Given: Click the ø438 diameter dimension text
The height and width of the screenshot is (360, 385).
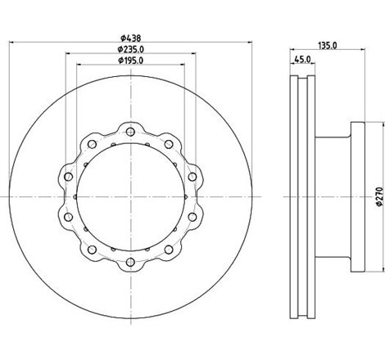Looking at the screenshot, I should (132, 38).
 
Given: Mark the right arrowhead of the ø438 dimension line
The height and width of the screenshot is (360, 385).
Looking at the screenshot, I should (248, 44).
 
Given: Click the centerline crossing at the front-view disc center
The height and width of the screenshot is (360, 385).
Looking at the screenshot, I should (132, 196).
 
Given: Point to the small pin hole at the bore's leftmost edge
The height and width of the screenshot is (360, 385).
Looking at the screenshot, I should (76, 196).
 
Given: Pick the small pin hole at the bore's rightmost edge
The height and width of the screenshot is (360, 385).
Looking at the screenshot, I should (188, 196).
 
